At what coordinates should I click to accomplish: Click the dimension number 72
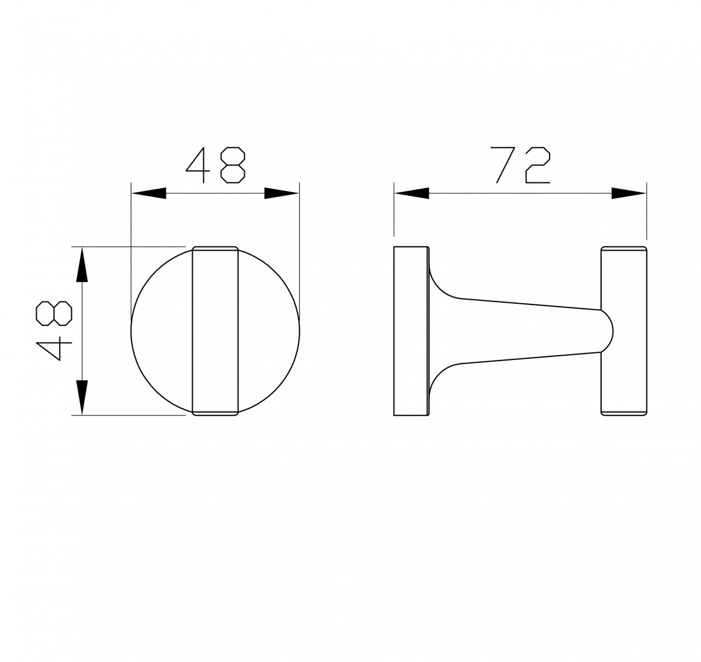523,165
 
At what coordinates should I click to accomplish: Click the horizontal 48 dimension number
216,165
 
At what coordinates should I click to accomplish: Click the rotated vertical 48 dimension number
54,331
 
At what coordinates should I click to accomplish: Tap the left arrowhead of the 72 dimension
412,193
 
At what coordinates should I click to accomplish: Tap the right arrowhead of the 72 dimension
629,193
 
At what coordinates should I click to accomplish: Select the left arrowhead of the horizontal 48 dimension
148,193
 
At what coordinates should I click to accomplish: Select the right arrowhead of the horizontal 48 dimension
282,193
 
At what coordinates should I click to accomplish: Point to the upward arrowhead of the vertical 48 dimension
82,265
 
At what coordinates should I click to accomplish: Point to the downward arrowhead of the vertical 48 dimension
82,397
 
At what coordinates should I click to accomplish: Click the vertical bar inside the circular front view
216,331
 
